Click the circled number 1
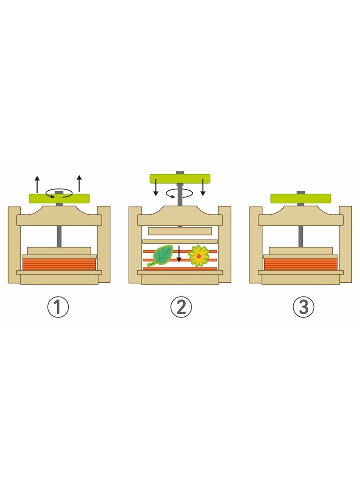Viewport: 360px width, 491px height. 58,307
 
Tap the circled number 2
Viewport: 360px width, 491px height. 181,307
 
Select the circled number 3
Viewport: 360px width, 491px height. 304,307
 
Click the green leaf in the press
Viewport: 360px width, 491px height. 160,255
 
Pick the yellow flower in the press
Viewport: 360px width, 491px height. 199,256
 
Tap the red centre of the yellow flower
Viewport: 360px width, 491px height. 199,256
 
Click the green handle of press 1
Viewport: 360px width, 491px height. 59,198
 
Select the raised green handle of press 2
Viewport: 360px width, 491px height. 180,179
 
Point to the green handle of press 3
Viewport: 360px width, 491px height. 301,198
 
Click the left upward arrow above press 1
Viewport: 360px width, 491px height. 37,184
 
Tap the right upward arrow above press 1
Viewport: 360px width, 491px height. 79,183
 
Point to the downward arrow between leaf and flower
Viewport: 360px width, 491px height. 179,254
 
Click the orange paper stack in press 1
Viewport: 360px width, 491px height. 59,264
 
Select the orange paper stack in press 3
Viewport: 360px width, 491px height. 301,264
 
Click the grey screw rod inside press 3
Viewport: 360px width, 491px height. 301,236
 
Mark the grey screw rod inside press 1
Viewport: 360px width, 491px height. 59,236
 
